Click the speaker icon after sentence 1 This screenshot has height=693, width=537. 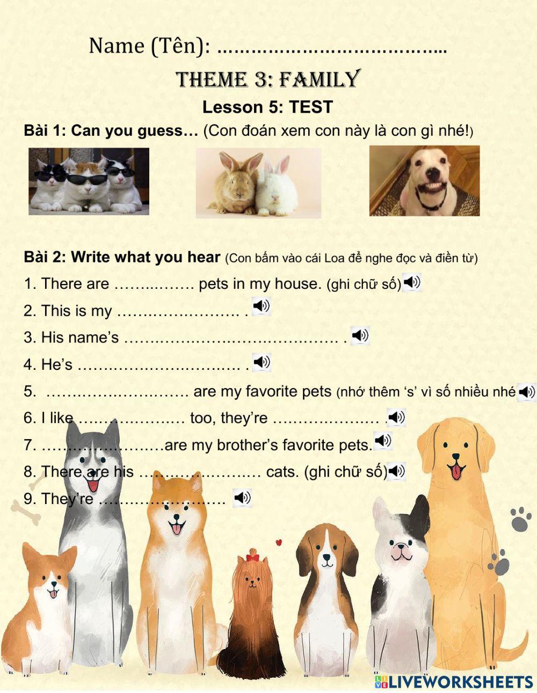[412, 282]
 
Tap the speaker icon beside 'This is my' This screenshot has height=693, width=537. [261, 307]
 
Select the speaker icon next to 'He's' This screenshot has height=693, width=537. [262, 362]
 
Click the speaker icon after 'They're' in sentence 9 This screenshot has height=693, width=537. [242, 498]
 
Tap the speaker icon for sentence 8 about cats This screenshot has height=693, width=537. [396, 471]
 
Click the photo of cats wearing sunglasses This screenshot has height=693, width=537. [89, 181]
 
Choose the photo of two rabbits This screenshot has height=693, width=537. [258, 183]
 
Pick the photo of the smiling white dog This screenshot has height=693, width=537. [424, 181]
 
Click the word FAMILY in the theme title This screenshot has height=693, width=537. [319, 79]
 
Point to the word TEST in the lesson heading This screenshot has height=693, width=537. [311, 107]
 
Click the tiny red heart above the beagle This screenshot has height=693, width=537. [279, 542]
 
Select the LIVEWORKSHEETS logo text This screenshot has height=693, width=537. [460, 682]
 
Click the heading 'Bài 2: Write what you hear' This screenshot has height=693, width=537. [122, 257]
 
